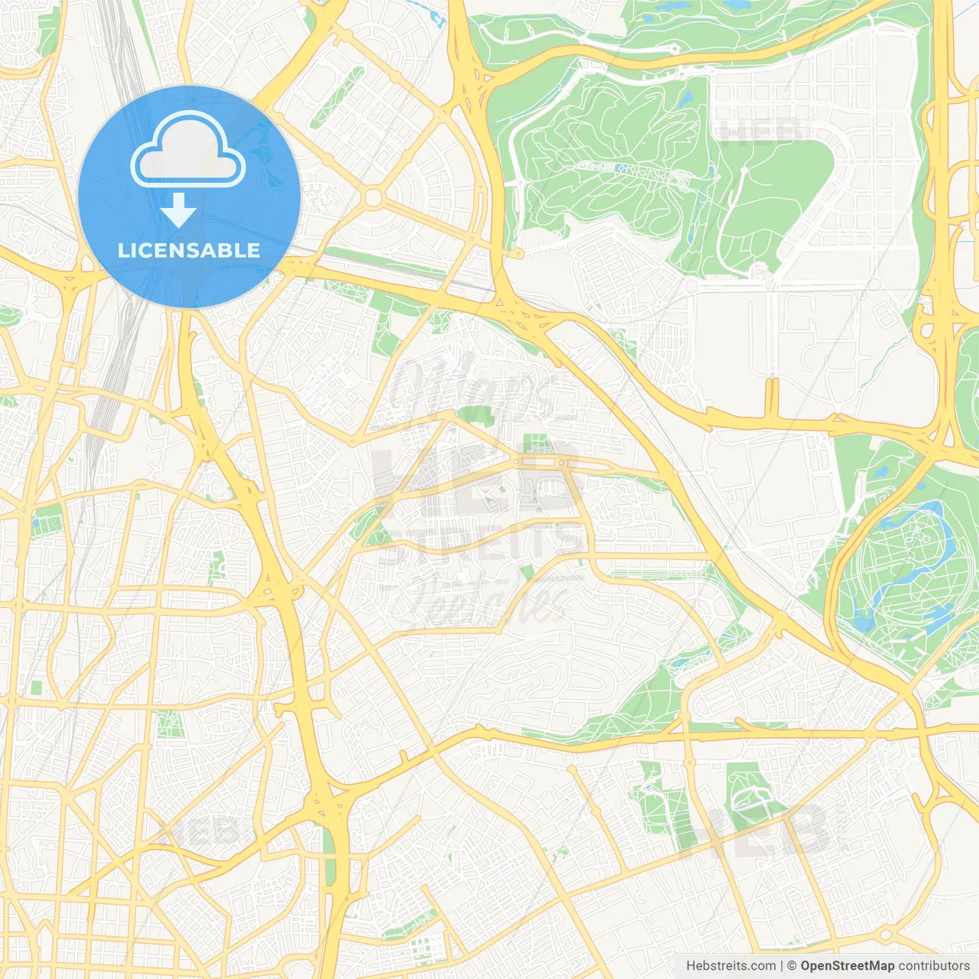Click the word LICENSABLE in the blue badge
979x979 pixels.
[x=189, y=250]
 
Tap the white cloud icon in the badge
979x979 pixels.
[x=187, y=153]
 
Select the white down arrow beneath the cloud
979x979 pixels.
[x=178, y=211]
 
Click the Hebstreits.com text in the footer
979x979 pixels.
[x=730, y=966]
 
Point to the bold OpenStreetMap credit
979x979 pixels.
[x=847, y=966]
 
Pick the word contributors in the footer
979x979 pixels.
[x=934, y=966]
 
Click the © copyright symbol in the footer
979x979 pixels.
[x=792, y=966]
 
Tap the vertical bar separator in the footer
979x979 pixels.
[x=781, y=966]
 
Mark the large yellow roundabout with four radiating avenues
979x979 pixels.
[x=372, y=198]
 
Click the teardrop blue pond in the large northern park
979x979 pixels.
[x=685, y=99]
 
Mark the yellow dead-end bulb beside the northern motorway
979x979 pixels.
[x=676, y=48]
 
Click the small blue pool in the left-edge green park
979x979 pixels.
[x=35, y=523]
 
